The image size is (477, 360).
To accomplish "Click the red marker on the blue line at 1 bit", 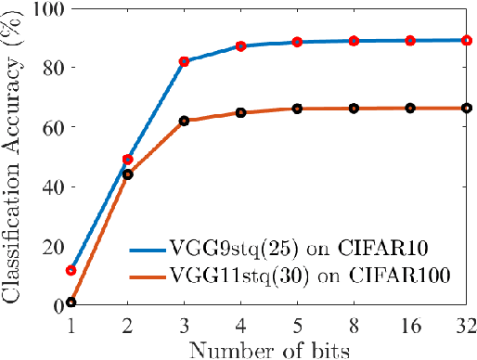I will point(71,270).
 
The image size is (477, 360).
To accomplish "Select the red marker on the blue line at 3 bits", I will point(184,61).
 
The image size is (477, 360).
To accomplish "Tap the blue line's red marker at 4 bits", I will point(240,45).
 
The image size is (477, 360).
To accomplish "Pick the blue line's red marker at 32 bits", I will point(466,40).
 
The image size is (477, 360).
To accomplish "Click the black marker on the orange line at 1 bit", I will point(71,302).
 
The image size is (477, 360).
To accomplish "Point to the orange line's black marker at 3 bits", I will point(184,121).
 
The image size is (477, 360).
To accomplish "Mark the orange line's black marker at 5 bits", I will point(297,109).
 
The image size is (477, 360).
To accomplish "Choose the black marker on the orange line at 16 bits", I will point(409,109).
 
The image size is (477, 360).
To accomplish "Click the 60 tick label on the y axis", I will point(46,126).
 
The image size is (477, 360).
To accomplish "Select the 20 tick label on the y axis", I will point(46,246).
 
